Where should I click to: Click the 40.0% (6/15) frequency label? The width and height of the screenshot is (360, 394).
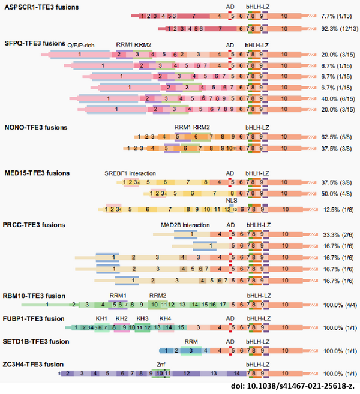[x=335, y=98]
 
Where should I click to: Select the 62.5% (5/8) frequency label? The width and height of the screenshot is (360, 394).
[x=335, y=137]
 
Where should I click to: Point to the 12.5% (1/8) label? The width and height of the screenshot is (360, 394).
[x=335, y=209]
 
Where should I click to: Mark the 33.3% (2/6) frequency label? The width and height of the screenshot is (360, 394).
[x=335, y=234]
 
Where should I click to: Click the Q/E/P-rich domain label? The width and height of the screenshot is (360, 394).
[x=80, y=45]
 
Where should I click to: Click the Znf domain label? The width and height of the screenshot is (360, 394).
[x=160, y=364]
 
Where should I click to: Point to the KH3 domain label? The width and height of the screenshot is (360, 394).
[x=142, y=318]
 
